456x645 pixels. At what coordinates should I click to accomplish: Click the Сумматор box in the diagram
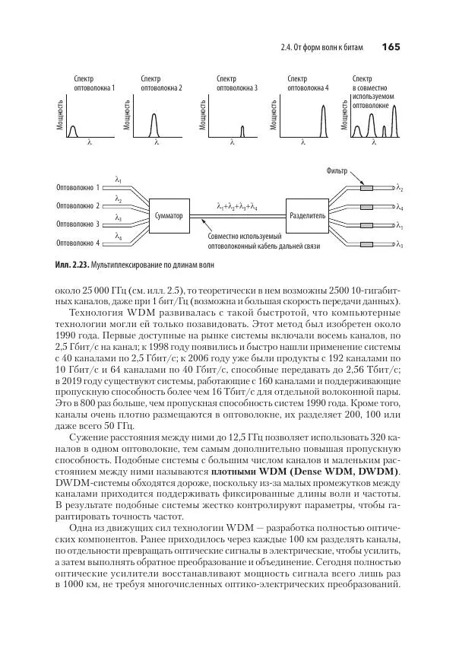(x=168, y=215)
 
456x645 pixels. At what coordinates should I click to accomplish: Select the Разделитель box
(x=306, y=215)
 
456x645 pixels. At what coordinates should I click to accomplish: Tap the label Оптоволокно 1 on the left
(x=78, y=187)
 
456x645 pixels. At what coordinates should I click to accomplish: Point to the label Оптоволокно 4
(x=78, y=243)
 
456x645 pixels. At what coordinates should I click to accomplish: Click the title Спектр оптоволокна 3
(x=236, y=83)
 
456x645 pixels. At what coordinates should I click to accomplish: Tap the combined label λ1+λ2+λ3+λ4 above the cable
(x=236, y=206)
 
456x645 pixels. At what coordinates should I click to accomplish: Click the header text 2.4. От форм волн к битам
(x=322, y=48)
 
